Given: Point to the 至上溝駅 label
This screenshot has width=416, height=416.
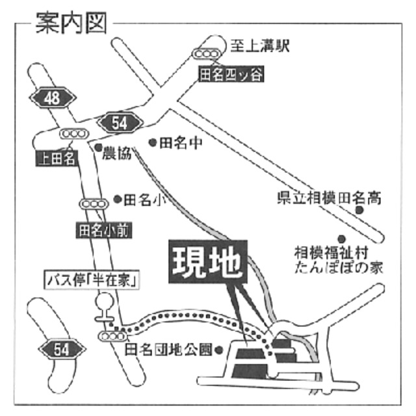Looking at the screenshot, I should click(x=259, y=45).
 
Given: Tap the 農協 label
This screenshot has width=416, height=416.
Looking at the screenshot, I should click(x=118, y=153).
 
